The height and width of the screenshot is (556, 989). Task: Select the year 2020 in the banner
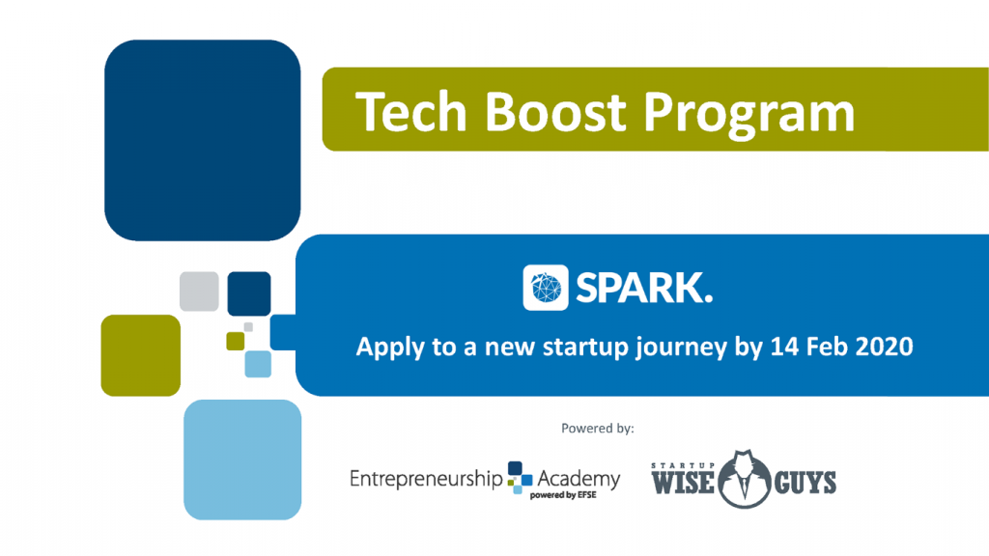(x=882, y=347)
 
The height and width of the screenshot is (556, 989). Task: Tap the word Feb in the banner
(x=827, y=347)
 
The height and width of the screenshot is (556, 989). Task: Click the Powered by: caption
(x=597, y=428)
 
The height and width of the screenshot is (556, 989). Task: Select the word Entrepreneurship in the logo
(x=426, y=479)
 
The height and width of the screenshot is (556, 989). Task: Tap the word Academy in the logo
(x=579, y=478)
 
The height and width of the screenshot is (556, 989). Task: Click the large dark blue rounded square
(x=203, y=140)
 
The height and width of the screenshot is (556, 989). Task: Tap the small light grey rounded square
(x=199, y=292)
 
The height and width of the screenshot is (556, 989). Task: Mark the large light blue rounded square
(x=242, y=459)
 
